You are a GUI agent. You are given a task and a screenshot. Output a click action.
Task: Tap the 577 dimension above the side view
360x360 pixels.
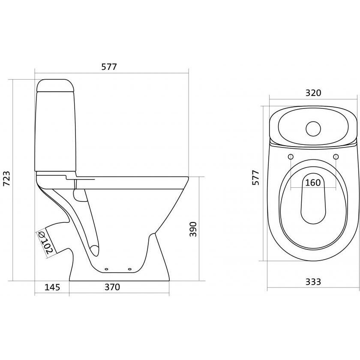[109, 67]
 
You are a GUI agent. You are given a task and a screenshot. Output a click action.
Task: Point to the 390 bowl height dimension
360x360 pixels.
[193, 229]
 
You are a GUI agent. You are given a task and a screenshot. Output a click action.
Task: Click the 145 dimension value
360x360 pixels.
[52, 287]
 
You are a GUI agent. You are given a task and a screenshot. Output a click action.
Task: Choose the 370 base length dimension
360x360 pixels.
[112, 287]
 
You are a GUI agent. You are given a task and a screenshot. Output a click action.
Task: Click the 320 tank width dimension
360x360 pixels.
[313, 93]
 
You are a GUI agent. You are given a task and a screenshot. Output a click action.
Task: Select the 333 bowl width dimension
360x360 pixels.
[313, 282]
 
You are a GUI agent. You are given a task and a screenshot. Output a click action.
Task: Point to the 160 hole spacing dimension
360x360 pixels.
[313, 183]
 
